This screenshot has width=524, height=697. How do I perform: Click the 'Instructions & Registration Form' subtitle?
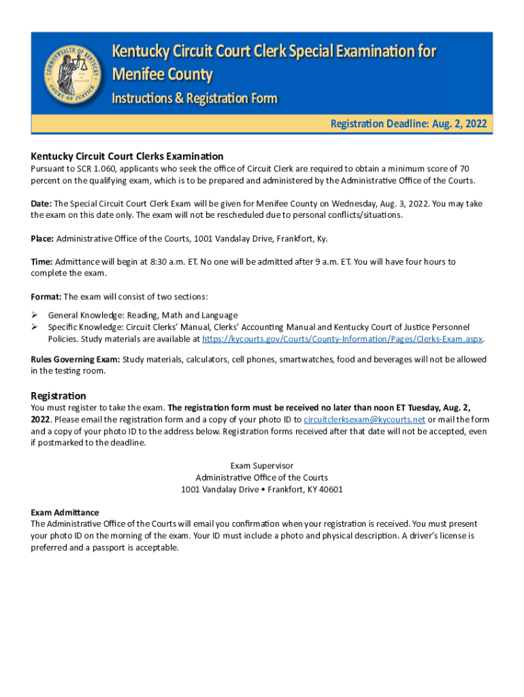coord(194,99)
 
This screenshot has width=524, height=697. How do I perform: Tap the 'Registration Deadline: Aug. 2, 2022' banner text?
coord(408,124)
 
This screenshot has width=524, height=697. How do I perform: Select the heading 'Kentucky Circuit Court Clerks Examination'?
coord(127,156)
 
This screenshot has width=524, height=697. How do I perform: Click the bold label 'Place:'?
coord(42,238)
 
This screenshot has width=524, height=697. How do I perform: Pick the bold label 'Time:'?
coord(42,261)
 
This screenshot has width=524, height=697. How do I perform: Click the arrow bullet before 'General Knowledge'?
coord(35,315)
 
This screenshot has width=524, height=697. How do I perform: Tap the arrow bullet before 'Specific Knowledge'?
coord(35,327)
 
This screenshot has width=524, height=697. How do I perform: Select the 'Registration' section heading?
coord(59,395)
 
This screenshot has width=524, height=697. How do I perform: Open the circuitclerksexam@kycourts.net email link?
coord(364,419)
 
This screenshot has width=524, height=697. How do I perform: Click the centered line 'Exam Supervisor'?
coord(262,466)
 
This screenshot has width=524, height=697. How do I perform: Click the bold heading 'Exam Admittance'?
coord(65,512)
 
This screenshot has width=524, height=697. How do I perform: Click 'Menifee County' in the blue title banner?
coord(162,74)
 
